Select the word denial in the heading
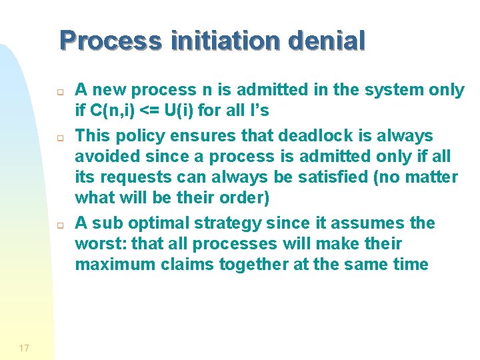327,41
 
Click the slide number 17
25,347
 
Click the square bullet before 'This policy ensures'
59,139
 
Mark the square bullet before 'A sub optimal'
59,225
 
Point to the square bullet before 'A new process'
59,93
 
